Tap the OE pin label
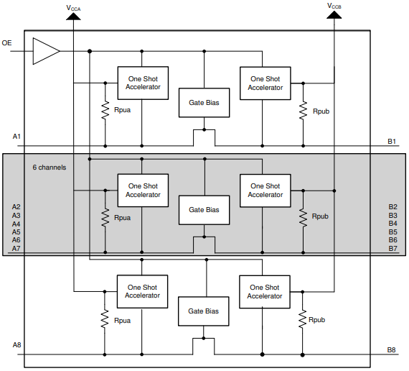(x=6, y=43)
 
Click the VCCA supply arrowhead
(x=73, y=17)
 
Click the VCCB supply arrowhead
(x=334, y=15)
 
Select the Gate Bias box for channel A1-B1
(x=204, y=103)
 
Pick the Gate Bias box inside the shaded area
(x=204, y=210)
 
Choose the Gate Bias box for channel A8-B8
(x=204, y=311)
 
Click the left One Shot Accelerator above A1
(x=143, y=83)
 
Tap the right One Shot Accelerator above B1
(x=265, y=83)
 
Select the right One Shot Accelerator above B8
(x=265, y=292)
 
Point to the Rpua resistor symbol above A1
(x=105, y=110)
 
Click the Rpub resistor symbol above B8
(x=302, y=319)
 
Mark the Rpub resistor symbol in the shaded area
(x=303, y=218)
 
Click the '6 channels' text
(x=50, y=168)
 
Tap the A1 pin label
(x=17, y=136)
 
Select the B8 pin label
(x=391, y=350)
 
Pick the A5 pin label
(x=17, y=232)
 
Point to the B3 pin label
(x=392, y=216)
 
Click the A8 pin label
(x=17, y=345)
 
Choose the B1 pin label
(x=392, y=142)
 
